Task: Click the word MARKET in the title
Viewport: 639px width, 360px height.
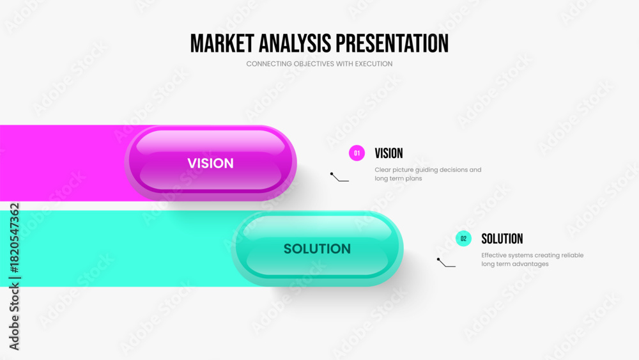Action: (x=222, y=43)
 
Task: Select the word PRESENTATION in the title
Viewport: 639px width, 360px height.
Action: (x=392, y=43)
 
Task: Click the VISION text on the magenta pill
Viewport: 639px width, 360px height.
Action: (x=211, y=163)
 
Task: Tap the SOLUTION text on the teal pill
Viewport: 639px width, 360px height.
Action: (x=317, y=249)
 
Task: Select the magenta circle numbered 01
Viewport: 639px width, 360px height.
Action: (x=357, y=153)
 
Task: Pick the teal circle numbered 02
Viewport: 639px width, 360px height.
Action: (x=463, y=239)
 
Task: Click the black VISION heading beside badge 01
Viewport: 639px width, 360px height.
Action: (x=389, y=153)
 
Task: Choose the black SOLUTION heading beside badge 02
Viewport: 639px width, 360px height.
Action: (x=502, y=239)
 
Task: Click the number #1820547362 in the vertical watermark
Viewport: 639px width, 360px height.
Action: (x=14, y=239)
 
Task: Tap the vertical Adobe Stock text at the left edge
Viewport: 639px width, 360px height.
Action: (x=14, y=317)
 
